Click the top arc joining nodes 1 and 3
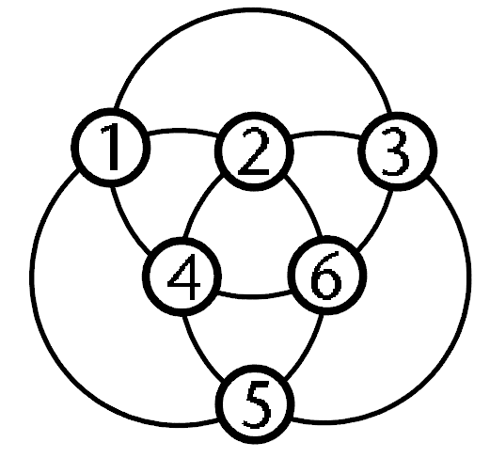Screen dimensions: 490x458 click(x=253, y=10)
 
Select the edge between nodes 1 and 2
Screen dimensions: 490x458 click(x=182, y=131)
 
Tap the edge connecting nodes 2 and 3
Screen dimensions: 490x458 click(x=326, y=134)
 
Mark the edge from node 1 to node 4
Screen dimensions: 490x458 click(x=126, y=223)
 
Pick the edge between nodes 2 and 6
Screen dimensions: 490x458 click(x=307, y=204)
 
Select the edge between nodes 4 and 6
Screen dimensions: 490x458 click(x=254, y=296)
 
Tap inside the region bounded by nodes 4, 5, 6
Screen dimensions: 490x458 click(x=254, y=332)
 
